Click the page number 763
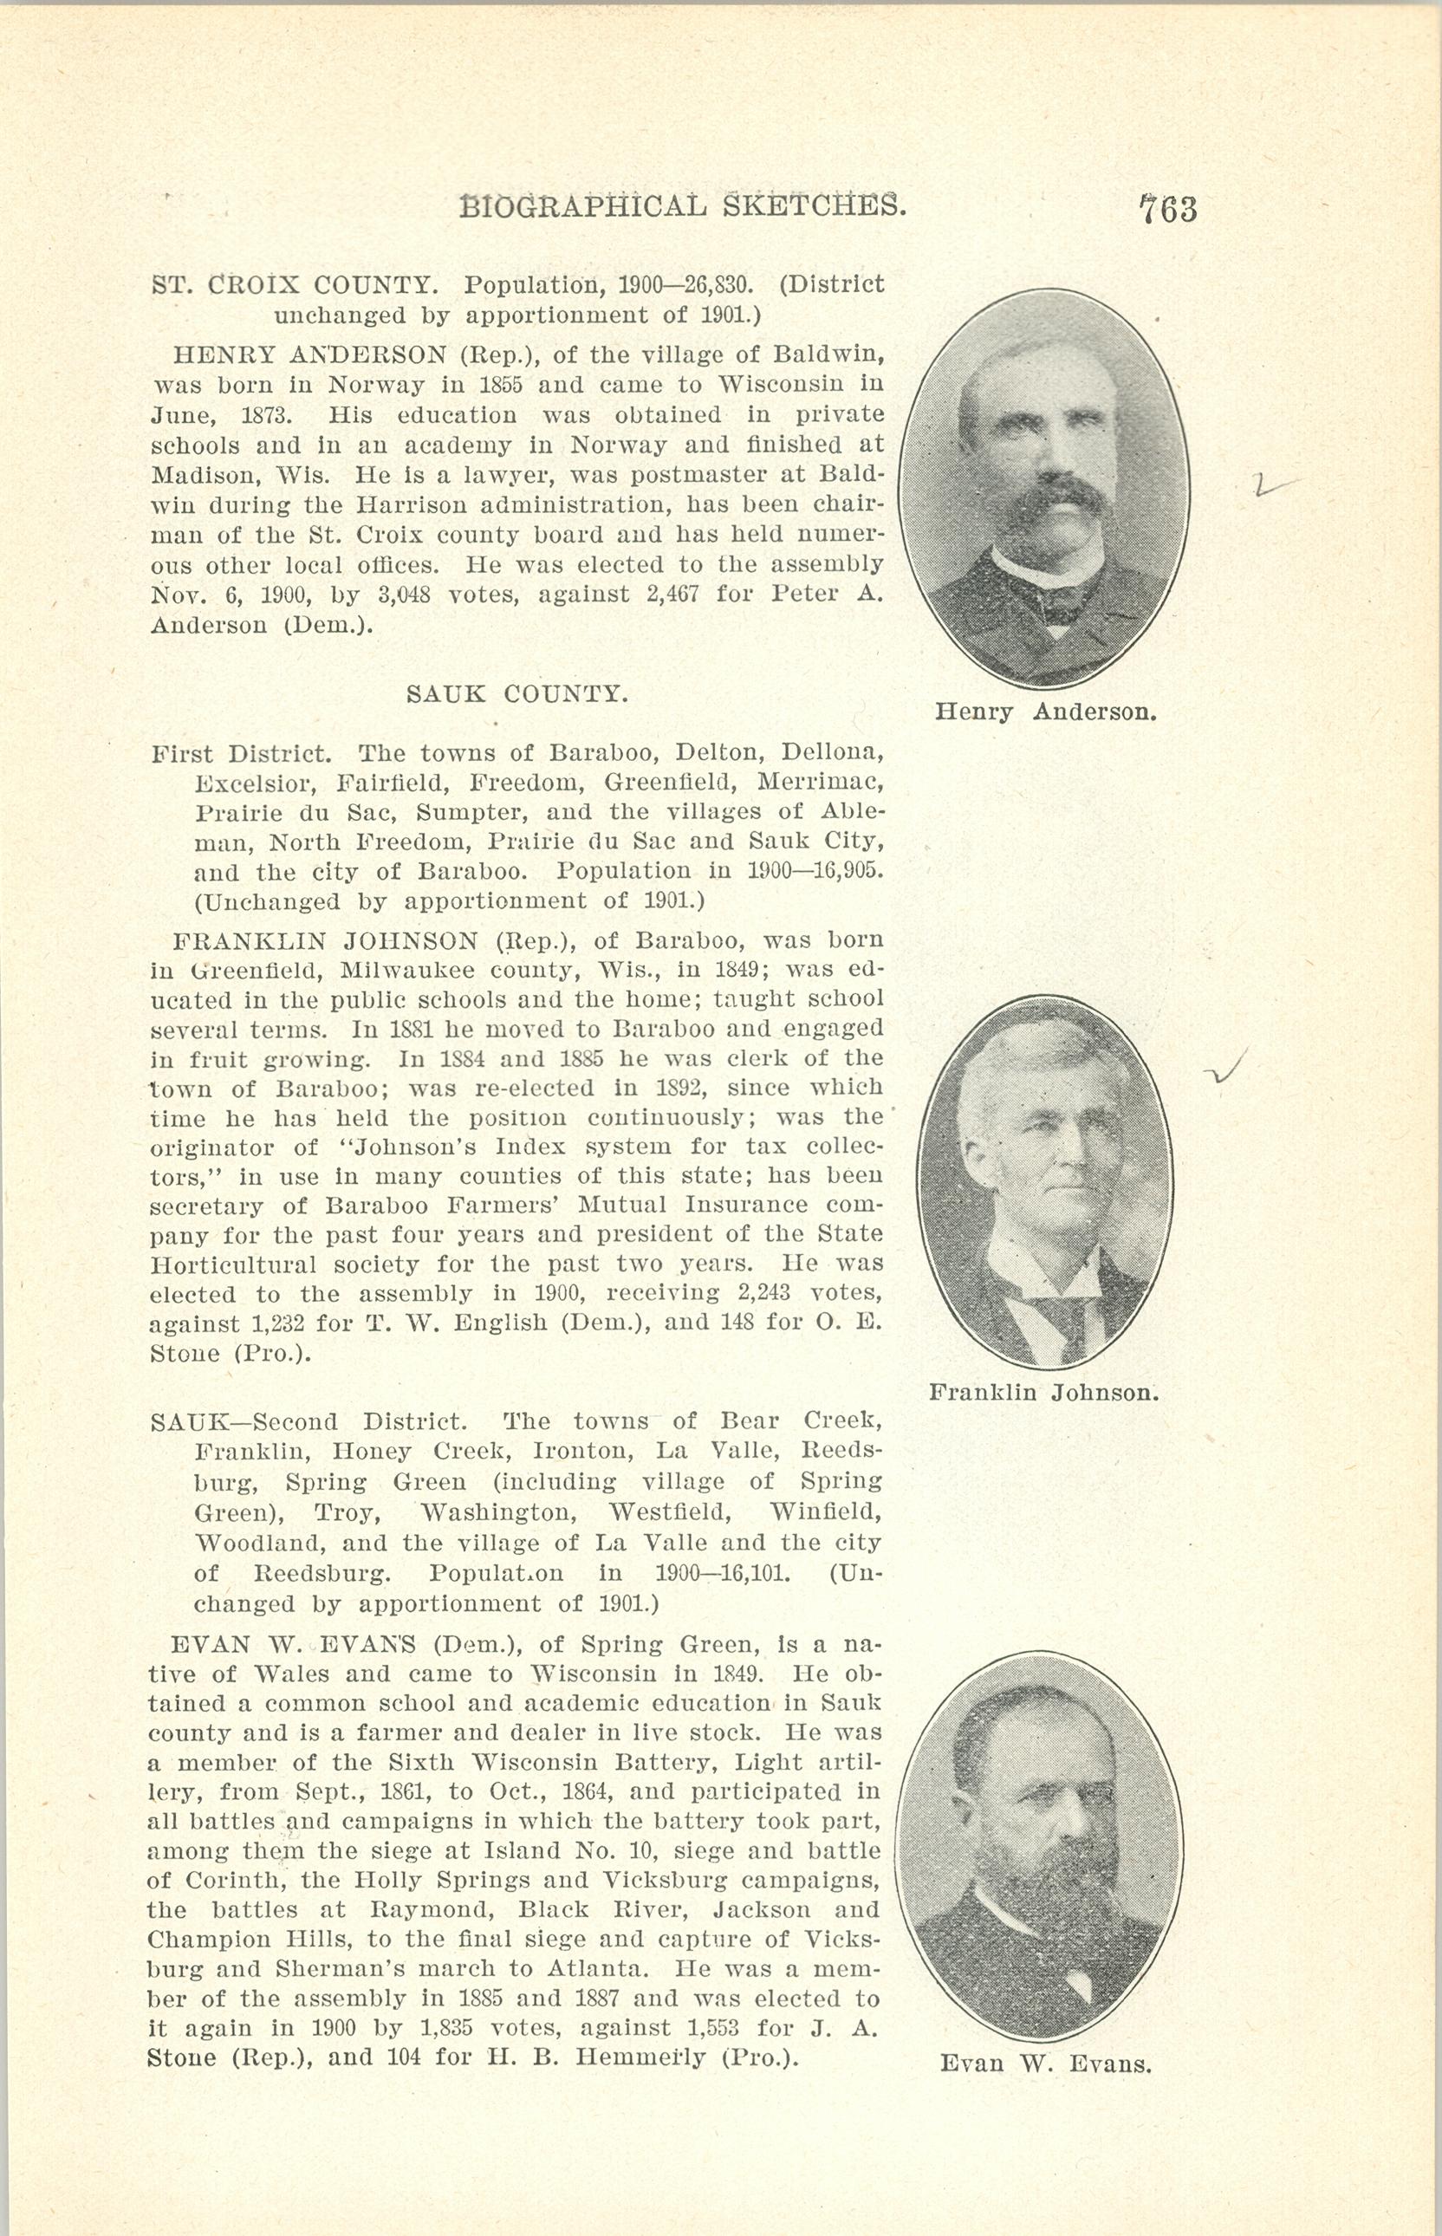(1167, 208)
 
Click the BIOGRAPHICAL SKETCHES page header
(683, 205)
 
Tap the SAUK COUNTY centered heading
(516, 694)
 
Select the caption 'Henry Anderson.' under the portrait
(1046, 712)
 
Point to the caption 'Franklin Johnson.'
(1044, 1393)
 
